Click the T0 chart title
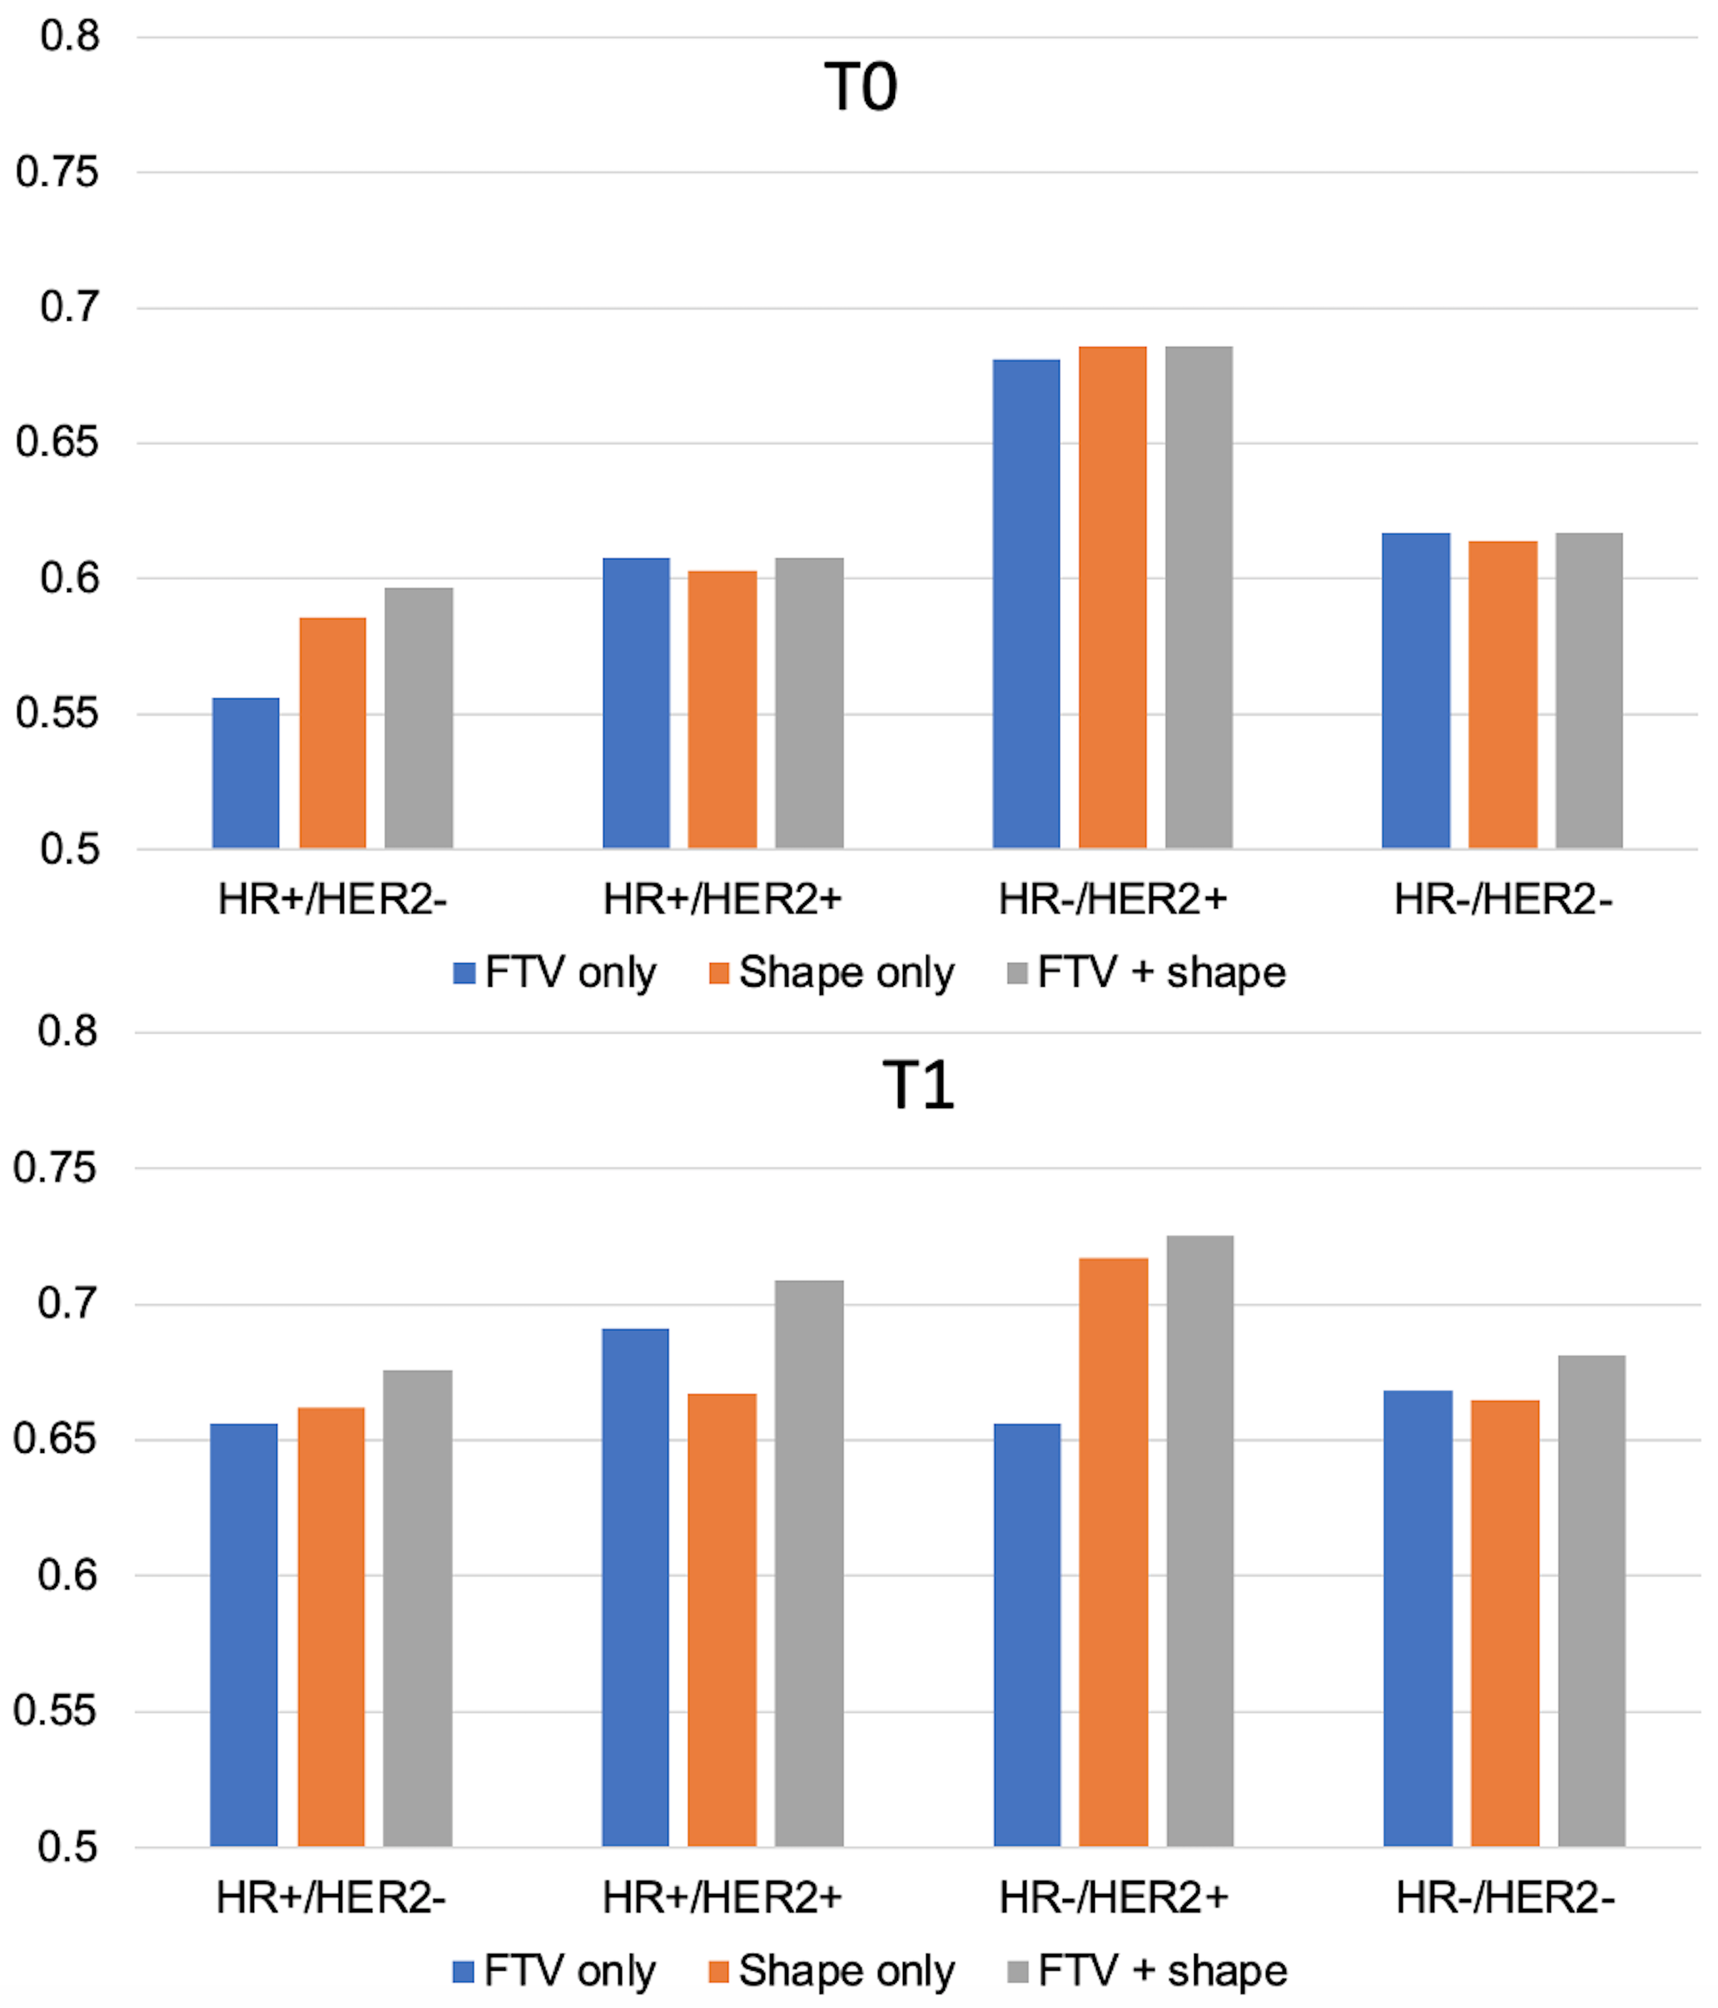(860, 87)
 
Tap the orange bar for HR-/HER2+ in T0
(1112, 597)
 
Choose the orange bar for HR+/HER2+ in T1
(722, 1620)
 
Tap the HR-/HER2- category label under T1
(1505, 1898)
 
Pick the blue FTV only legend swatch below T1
(463, 1971)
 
